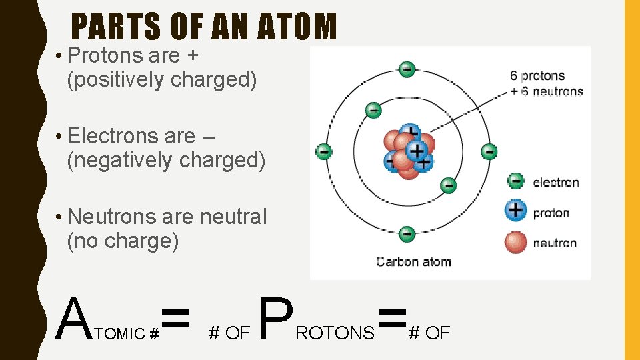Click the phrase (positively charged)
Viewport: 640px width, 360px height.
click(x=162, y=79)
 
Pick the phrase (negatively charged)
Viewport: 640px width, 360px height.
click(x=166, y=160)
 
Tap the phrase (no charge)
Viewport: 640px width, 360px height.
click(x=123, y=241)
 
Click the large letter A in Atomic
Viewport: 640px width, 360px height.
click(x=73, y=319)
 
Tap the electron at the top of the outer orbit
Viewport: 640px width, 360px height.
click(x=406, y=68)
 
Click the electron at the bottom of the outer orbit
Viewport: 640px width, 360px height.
click(x=406, y=234)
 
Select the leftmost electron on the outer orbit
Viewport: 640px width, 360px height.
click(x=323, y=151)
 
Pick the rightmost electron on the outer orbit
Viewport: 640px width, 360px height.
click(x=489, y=151)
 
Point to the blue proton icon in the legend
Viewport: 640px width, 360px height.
click(x=516, y=211)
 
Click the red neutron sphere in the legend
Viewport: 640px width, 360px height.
click(x=516, y=242)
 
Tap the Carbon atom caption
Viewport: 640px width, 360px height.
click(x=413, y=261)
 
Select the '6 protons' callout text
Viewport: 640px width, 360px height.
click(x=538, y=76)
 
